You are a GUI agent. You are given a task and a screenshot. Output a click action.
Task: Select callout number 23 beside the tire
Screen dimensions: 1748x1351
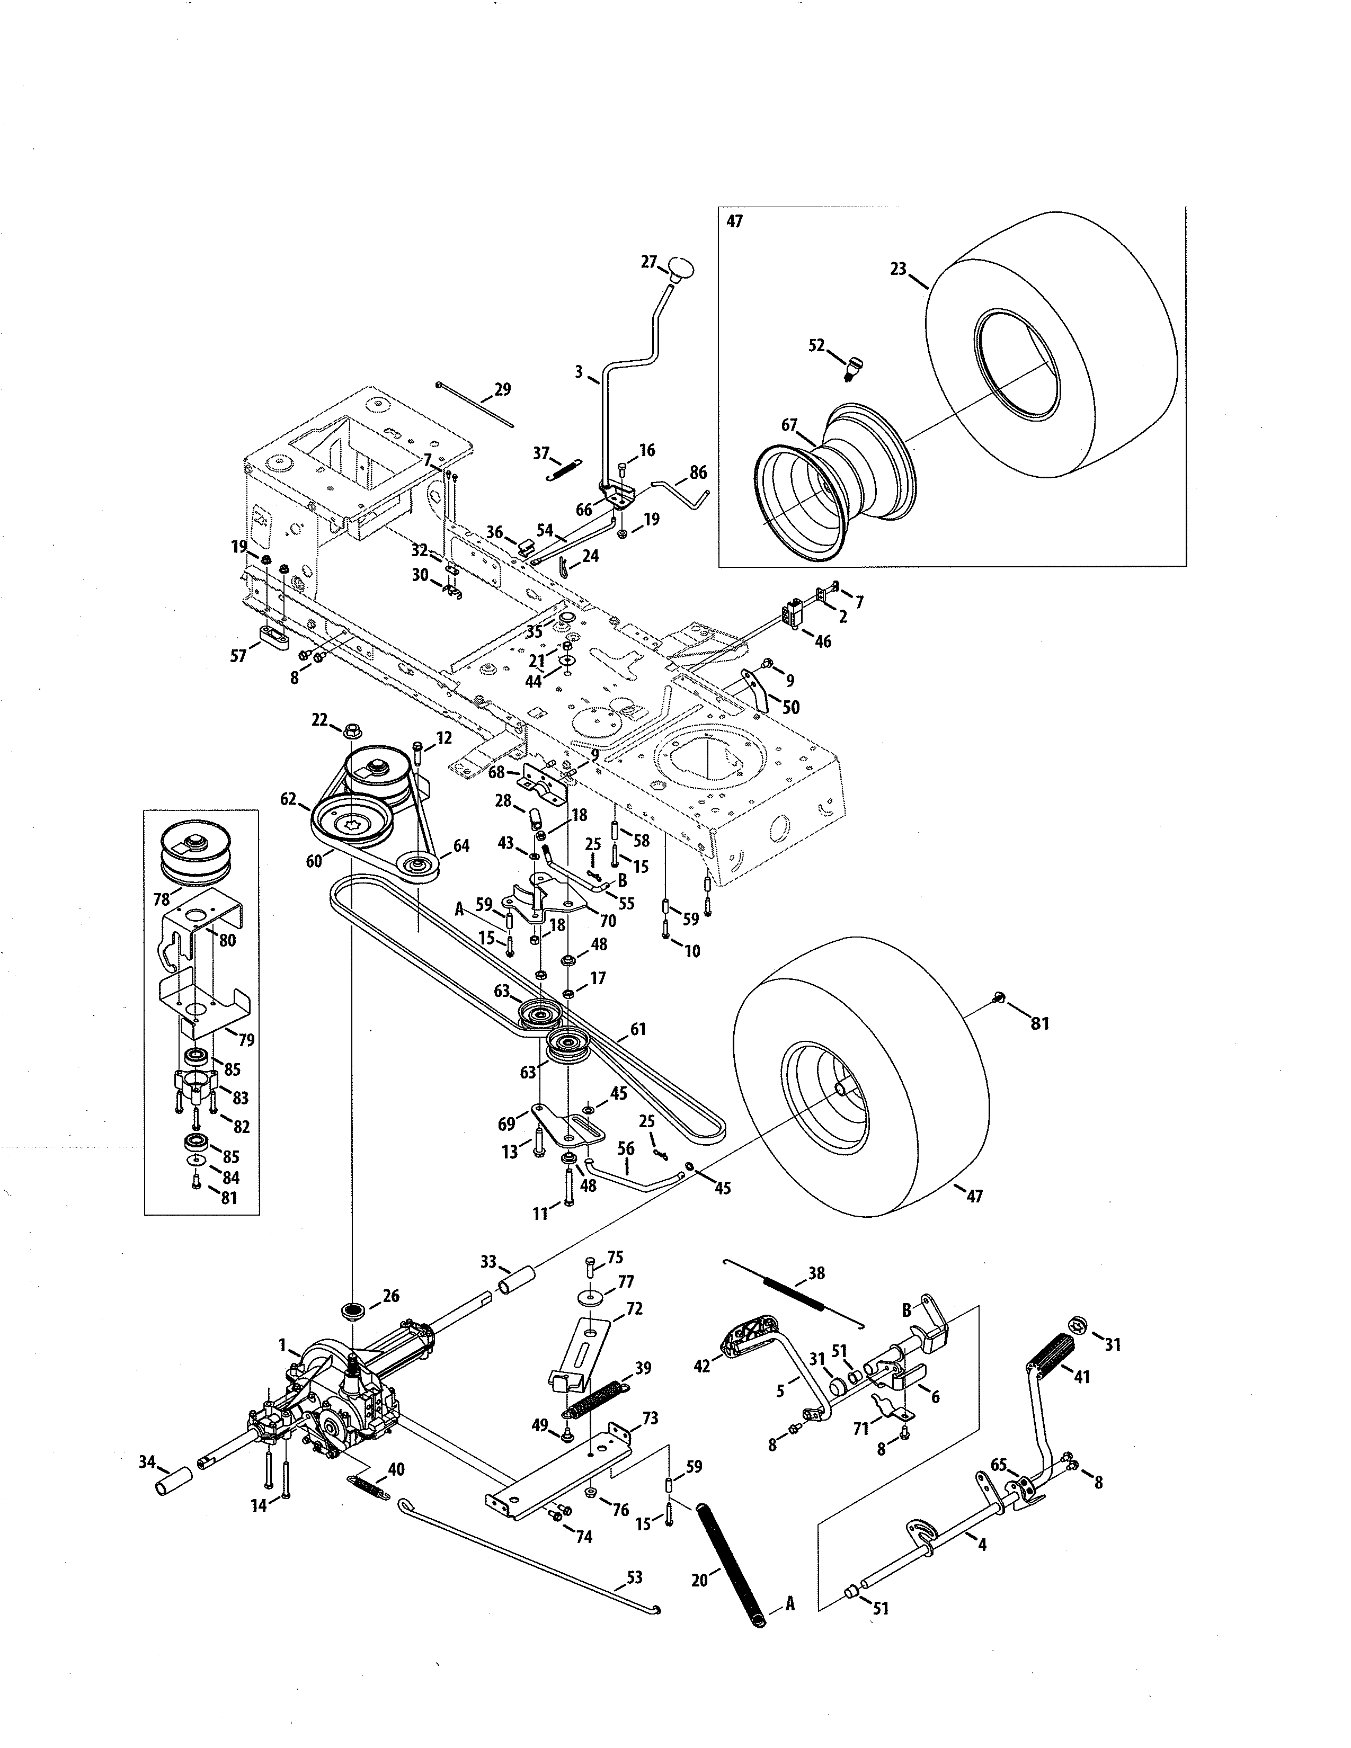pyautogui.click(x=898, y=270)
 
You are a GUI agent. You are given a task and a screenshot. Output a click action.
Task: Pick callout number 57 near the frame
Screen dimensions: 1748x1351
pyautogui.click(x=238, y=656)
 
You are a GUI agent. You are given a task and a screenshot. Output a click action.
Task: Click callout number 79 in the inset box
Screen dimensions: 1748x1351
pyautogui.click(x=246, y=1040)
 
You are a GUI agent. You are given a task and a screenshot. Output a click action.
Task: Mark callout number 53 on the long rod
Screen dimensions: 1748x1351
pyautogui.click(x=634, y=1577)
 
